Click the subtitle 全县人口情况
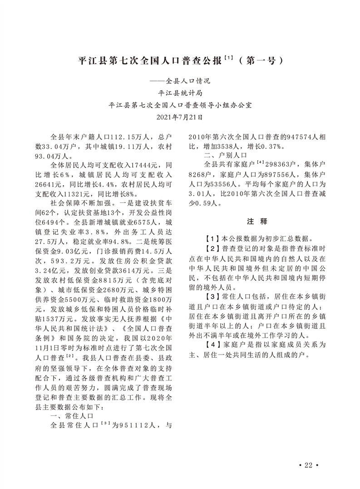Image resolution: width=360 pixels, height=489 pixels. click(x=180, y=82)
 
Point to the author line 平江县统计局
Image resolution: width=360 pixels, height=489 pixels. click(x=180, y=94)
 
